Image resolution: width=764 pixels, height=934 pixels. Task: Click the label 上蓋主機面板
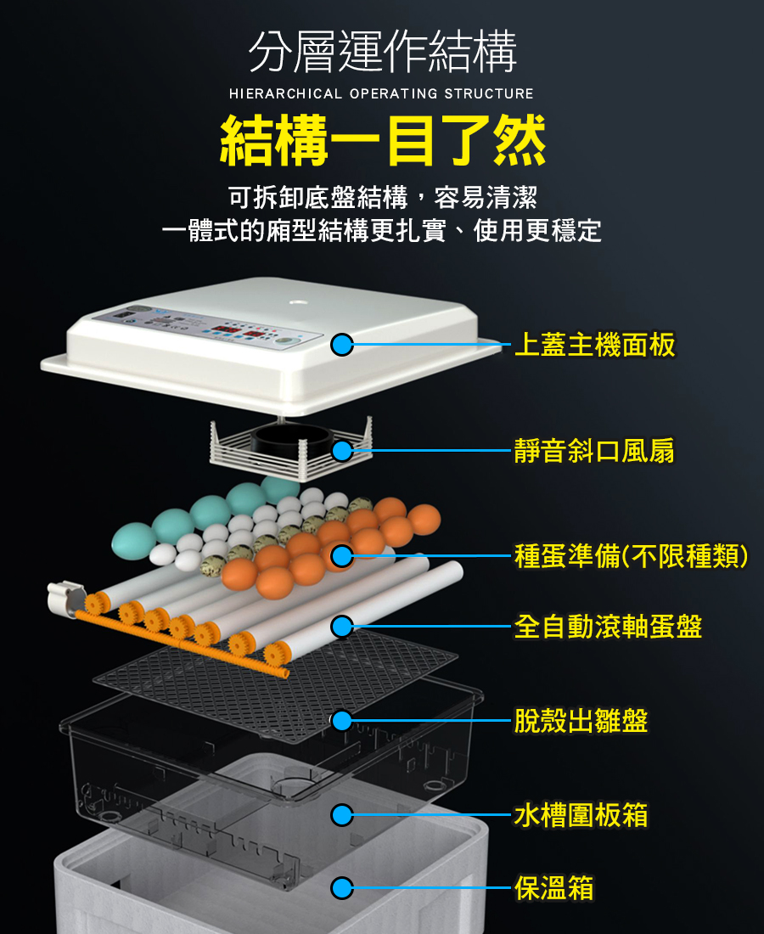pyautogui.click(x=595, y=345)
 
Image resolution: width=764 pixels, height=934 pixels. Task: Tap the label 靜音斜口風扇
pyautogui.click(x=594, y=450)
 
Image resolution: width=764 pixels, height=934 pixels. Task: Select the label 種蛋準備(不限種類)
pyautogui.click(x=632, y=556)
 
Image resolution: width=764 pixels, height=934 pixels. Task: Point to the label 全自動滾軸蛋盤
pyautogui.click(x=608, y=627)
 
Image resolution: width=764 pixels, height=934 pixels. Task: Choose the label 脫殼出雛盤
pyautogui.click(x=581, y=721)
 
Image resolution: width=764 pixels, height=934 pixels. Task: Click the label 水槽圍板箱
pyautogui.click(x=581, y=815)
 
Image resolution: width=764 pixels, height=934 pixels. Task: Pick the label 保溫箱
pyautogui.click(x=553, y=887)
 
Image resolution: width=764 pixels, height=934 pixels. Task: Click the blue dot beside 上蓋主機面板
pyautogui.click(x=342, y=344)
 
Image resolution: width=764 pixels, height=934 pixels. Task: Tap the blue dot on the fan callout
pyautogui.click(x=342, y=451)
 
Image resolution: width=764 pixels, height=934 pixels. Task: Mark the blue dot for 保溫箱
pyautogui.click(x=342, y=887)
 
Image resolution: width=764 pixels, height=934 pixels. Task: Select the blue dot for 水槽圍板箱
pyautogui.click(x=342, y=815)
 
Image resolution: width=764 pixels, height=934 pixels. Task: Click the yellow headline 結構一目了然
pyautogui.click(x=383, y=141)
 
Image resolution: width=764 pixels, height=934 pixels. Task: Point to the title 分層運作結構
pyautogui.click(x=382, y=52)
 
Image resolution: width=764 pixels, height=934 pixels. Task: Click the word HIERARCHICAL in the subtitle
pyautogui.click(x=286, y=93)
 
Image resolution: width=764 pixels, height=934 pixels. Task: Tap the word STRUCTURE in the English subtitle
pyautogui.click(x=489, y=93)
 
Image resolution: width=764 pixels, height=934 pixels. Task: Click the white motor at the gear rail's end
pyautogui.click(x=65, y=598)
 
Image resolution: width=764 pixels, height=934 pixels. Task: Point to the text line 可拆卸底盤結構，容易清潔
pyautogui.click(x=383, y=197)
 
